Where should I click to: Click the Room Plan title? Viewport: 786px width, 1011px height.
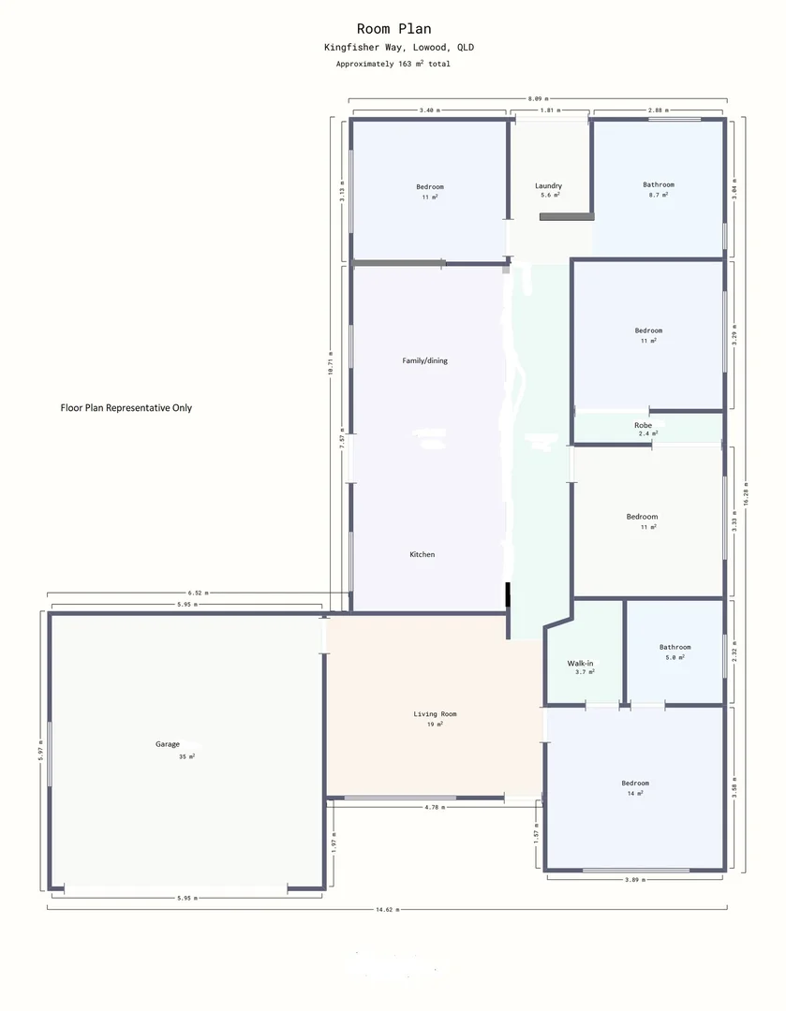(x=393, y=29)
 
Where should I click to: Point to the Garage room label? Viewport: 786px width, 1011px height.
(x=168, y=744)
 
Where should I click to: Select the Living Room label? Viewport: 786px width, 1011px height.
(x=435, y=714)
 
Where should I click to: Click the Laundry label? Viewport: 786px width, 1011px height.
(x=548, y=186)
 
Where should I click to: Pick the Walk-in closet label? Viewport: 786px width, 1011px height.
(x=580, y=663)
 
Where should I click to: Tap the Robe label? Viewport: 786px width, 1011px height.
(x=643, y=425)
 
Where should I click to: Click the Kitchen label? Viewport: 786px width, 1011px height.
(x=422, y=554)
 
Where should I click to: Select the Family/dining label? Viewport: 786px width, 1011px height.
(x=424, y=360)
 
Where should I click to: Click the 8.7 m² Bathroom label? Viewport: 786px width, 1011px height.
(x=658, y=184)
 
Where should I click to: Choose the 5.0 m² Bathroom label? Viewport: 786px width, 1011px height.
(x=675, y=647)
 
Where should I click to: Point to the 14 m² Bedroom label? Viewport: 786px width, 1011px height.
(x=634, y=783)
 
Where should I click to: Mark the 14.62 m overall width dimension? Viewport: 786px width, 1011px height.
(x=388, y=909)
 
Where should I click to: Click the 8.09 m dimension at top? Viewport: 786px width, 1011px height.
(x=538, y=97)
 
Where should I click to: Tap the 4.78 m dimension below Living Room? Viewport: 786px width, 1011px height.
(x=434, y=806)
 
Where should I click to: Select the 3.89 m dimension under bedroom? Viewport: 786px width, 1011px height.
(x=635, y=879)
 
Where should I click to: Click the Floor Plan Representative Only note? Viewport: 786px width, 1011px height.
(x=126, y=408)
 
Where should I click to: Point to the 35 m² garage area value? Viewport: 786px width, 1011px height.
(x=186, y=756)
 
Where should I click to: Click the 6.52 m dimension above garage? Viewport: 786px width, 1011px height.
(x=198, y=593)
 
